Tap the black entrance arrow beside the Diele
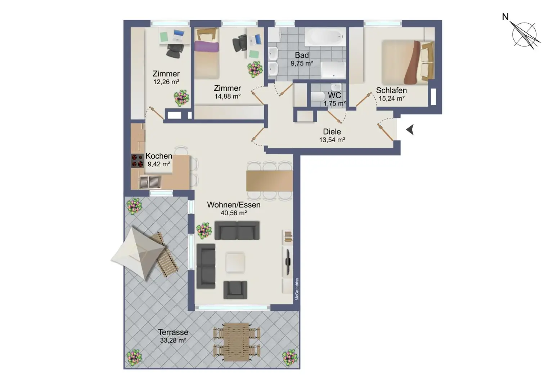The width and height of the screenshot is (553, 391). click(410, 130)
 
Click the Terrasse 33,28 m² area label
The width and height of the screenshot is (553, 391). click(173, 336)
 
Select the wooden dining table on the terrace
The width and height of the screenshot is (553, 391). click(236, 341)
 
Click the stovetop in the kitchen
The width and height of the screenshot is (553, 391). click(137, 161)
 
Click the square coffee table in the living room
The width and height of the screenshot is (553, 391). click(235, 262)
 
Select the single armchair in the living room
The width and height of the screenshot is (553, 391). click(235, 289)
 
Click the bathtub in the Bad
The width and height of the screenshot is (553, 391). click(325, 37)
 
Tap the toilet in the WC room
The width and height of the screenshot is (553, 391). click(318, 97)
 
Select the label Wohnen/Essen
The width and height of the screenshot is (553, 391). click(233, 205)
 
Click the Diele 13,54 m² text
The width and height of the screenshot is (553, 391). click(332, 136)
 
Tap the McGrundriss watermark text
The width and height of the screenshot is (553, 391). click(297, 289)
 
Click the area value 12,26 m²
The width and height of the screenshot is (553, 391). click(166, 82)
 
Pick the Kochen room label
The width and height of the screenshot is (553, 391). click(158, 156)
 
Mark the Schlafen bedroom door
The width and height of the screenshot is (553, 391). click(364, 100)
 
